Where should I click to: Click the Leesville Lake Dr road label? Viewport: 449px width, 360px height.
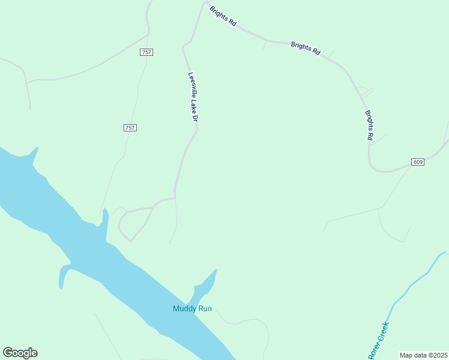pyautogui.click(x=193, y=98)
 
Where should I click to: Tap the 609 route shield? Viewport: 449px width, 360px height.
pyautogui.click(x=418, y=162)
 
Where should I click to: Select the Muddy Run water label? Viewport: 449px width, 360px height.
pyautogui.click(x=192, y=309)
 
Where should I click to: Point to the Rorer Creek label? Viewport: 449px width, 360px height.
pyautogui.click(x=379, y=341)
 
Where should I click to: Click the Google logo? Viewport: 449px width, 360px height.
pyautogui.click(x=20, y=353)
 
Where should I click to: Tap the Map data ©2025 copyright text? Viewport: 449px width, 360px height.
pyautogui.click(x=423, y=355)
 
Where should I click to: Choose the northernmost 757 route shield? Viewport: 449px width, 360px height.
pyautogui.click(x=146, y=52)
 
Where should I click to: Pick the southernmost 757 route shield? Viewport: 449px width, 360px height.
pyautogui.click(x=130, y=128)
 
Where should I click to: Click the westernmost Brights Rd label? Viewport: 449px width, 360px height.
pyautogui.click(x=223, y=16)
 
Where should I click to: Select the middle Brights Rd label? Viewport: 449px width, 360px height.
pyautogui.click(x=305, y=48)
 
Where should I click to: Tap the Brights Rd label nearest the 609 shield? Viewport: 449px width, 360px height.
pyautogui.click(x=369, y=125)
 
